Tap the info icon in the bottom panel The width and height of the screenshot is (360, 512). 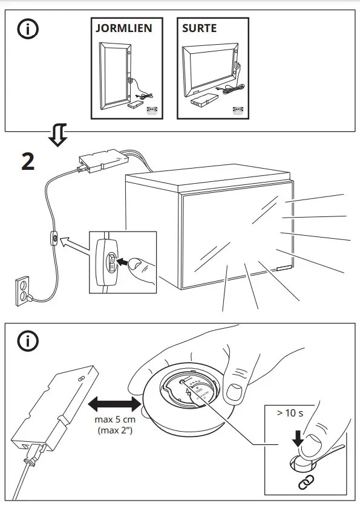pyautogui.click(x=27, y=341)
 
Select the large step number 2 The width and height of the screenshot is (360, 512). pyautogui.click(x=28, y=162)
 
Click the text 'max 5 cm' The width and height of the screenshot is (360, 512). pyautogui.click(x=112, y=420)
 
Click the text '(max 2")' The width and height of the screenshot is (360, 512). pyautogui.click(x=112, y=430)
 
